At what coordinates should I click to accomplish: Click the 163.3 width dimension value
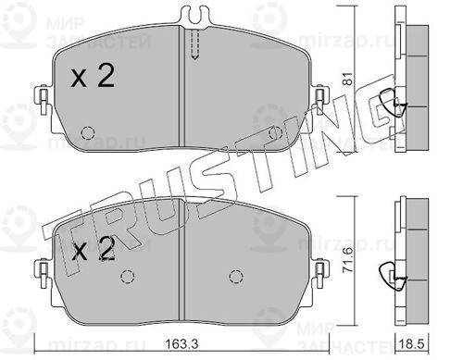(x=181, y=343)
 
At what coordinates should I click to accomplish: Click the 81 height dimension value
(x=347, y=79)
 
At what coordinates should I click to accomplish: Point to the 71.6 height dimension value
(x=348, y=261)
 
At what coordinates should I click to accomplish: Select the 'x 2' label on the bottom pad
(x=93, y=249)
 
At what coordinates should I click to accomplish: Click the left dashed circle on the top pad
(x=87, y=133)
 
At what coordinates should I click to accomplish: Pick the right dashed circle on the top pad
(x=276, y=133)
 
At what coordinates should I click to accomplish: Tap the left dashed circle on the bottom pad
(x=128, y=277)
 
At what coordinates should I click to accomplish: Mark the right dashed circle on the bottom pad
(x=236, y=276)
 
